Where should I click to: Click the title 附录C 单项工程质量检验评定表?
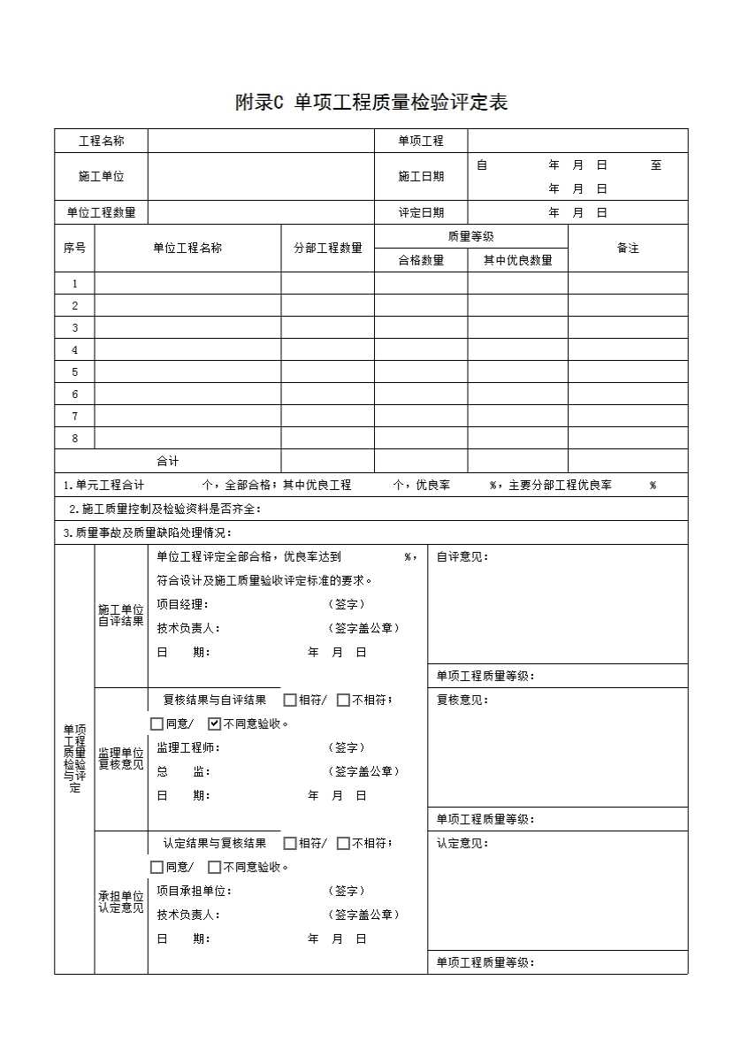370,103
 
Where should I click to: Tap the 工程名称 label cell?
101,141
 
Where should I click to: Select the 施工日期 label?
420,176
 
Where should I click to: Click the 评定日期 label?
420,212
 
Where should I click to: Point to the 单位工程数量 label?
101,212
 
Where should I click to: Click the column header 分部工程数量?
327,248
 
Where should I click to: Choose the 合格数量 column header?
420,260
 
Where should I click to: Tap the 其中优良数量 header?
517,260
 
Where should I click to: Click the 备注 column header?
627,248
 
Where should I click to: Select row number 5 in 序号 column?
75,372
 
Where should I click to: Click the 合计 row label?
167,461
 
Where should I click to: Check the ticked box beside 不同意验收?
214,724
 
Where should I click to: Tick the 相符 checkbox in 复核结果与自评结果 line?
290,700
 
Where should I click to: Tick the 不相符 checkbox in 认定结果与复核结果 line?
343,843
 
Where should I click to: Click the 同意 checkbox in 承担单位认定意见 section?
157,867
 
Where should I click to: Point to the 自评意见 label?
462,556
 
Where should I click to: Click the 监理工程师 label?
187,747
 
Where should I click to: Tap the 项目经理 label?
181,604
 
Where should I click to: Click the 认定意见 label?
462,843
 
